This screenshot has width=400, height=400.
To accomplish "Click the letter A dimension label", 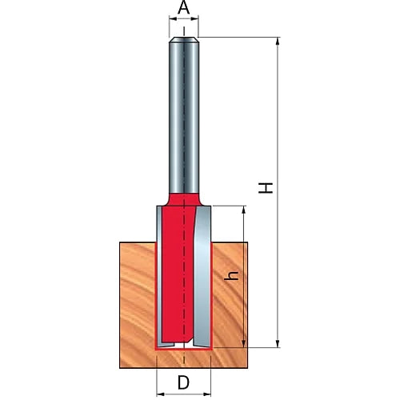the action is click(x=184, y=7).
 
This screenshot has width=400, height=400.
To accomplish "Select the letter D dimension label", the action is click(x=183, y=382).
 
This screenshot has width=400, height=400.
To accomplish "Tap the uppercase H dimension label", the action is click(x=266, y=188).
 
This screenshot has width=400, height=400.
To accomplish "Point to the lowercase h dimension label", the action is click(x=231, y=275).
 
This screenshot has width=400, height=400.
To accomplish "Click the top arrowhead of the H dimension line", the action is click(x=278, y=42).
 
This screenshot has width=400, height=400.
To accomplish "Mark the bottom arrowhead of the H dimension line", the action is click(x=278, y=344).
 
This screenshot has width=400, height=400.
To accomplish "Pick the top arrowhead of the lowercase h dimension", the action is click(x=243, y=210).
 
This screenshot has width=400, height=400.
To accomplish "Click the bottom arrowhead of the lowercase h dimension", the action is click(x=243, y=344).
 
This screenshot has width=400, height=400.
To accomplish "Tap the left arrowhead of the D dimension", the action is click(x=161, y=394).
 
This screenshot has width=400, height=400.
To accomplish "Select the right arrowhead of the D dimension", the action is click(x=207, y=394).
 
